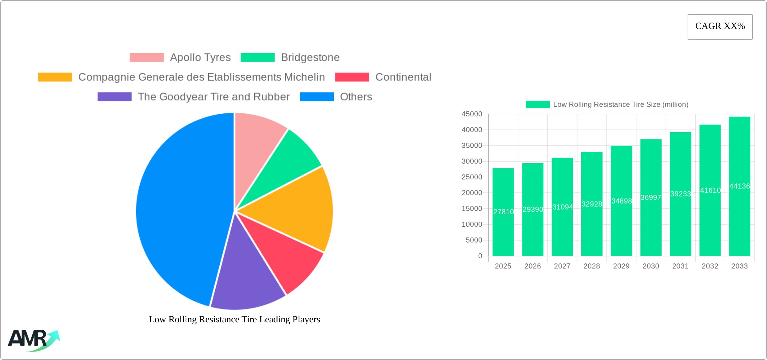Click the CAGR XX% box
pos(720,27)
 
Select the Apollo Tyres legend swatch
pos(147,58)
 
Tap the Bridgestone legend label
pos(310,58)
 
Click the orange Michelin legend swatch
pos(55,77)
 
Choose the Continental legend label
pos(403,77)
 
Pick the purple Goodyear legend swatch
pos(114,97)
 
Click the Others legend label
pos(356,97)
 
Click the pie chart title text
pos(234,319)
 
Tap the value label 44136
pos(739,186)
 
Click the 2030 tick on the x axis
pos(651,266)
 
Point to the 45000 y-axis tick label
pos(472,114)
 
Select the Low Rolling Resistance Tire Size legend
pos(607,105)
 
